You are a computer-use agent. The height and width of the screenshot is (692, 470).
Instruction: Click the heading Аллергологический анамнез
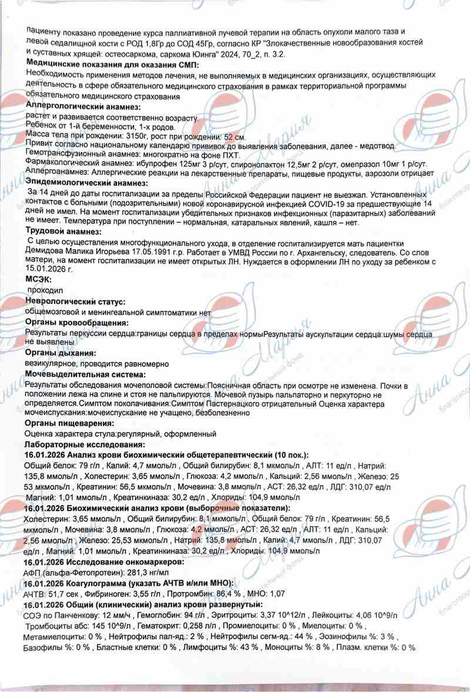(x=83, y=106)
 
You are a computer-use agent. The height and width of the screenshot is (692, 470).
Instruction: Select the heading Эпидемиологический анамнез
(x=86, y=183)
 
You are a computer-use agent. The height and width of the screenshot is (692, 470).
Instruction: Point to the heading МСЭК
(x=38, y=279)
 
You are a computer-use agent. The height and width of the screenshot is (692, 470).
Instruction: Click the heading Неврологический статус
(x=75, y=302)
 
